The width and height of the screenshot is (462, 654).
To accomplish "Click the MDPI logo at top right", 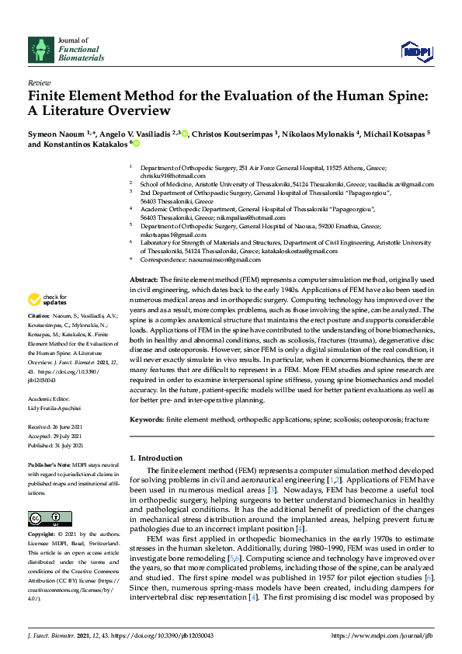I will pyautogui.click(x=416, y=51).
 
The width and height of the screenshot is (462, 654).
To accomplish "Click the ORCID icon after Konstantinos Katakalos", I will pyautogui.click(x=136, y=144).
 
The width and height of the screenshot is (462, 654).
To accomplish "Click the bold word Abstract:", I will pyautogui.click(x=144, y=279).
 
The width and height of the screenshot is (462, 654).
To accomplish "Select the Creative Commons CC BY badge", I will pyautogui.click(x=50, y=518).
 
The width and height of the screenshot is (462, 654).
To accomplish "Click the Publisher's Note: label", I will pyautogui.click(x=50, y=465).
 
